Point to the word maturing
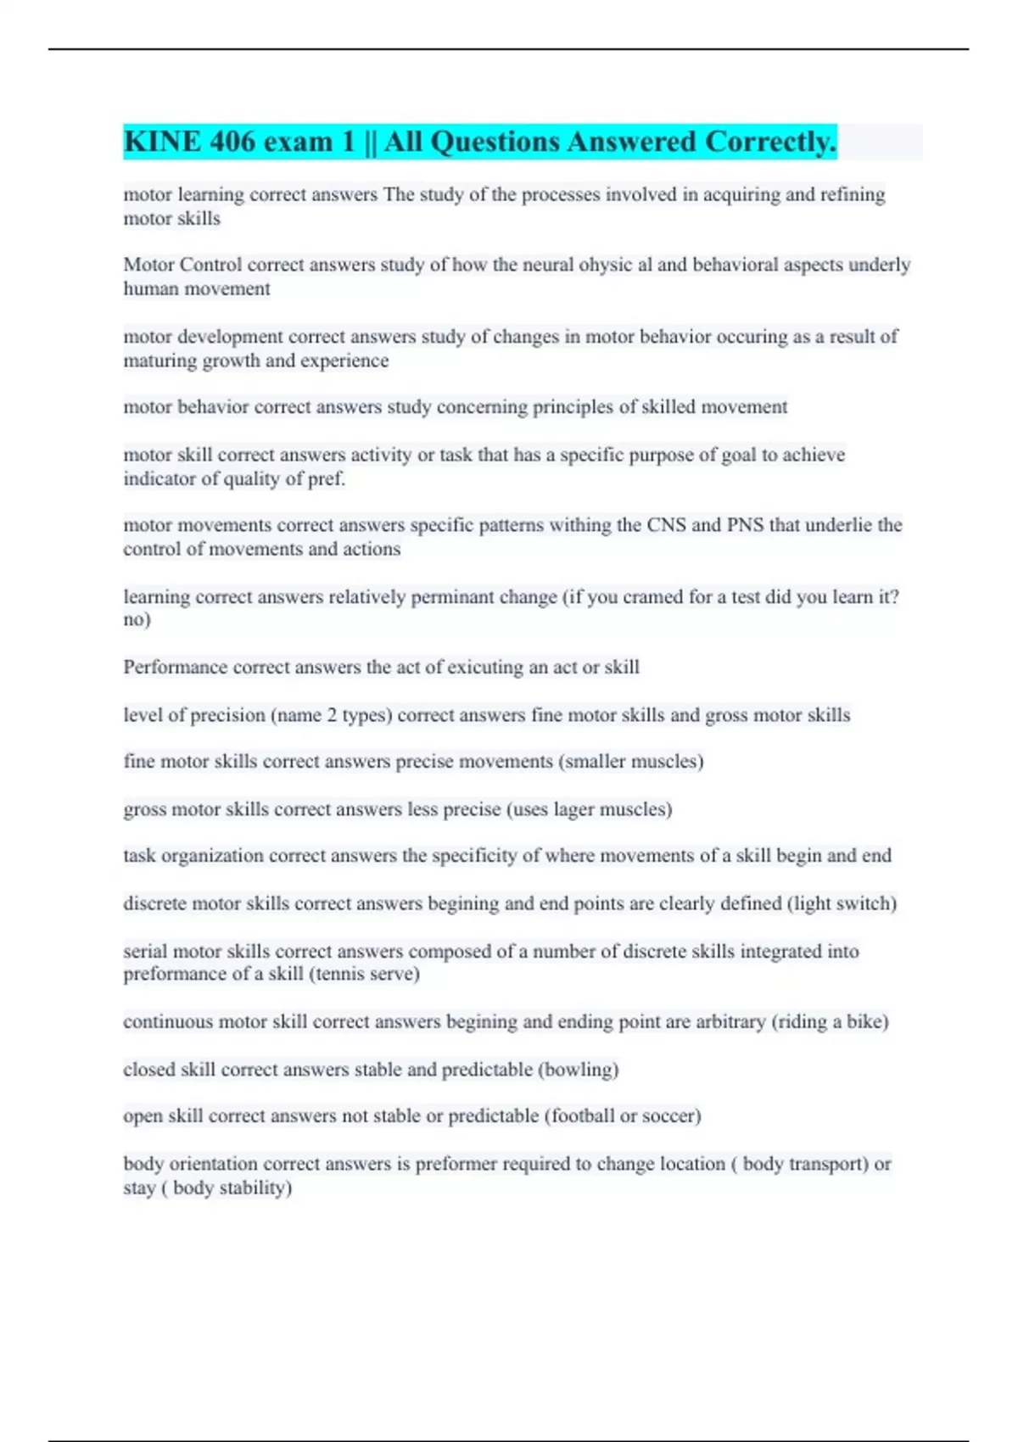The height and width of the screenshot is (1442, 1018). (156, 360)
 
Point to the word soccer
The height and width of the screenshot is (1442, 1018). (668, 1116)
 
